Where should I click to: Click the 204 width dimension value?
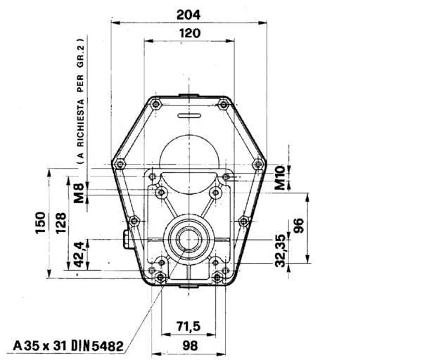coord(188,15)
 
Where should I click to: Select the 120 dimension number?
coord(190,33)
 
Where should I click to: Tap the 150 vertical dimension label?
coord(41,223)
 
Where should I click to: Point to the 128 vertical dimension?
coord(60,223)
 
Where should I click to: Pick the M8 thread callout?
coord(79,193)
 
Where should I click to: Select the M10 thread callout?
coord(280,178)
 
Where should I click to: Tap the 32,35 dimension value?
coord(281,251)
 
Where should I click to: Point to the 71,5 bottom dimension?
coord(189,326)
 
